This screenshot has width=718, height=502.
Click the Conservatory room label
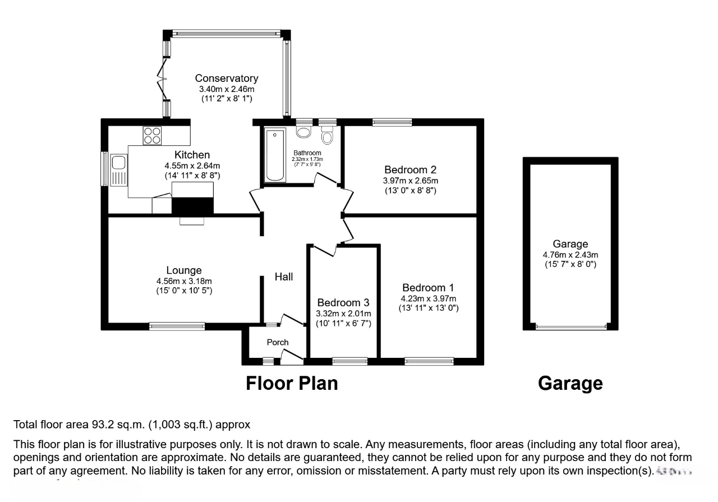pos(226,79)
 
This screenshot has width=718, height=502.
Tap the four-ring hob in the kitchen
pos(152,136)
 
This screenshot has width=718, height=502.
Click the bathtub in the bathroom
pos(275,155)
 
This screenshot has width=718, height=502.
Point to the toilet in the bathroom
pos(327,136)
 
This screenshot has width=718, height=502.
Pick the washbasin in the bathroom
pos(304,132)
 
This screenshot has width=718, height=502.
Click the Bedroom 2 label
pos(410,169)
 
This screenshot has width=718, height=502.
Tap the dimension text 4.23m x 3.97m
pos(428,298)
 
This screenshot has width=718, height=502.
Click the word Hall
pos(283,277)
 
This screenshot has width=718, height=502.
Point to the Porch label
pos(278,342)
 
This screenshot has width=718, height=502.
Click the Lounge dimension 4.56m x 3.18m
pos(184,281)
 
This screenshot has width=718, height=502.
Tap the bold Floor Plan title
pos(292,383)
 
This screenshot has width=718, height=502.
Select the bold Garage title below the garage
pos(570,383)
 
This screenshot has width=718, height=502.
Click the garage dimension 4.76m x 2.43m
pos(570,254)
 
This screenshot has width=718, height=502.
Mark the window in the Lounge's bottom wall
pos(177,326)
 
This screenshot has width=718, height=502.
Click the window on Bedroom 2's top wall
pos(392,122)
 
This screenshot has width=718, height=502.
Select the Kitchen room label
pos(192,155)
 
